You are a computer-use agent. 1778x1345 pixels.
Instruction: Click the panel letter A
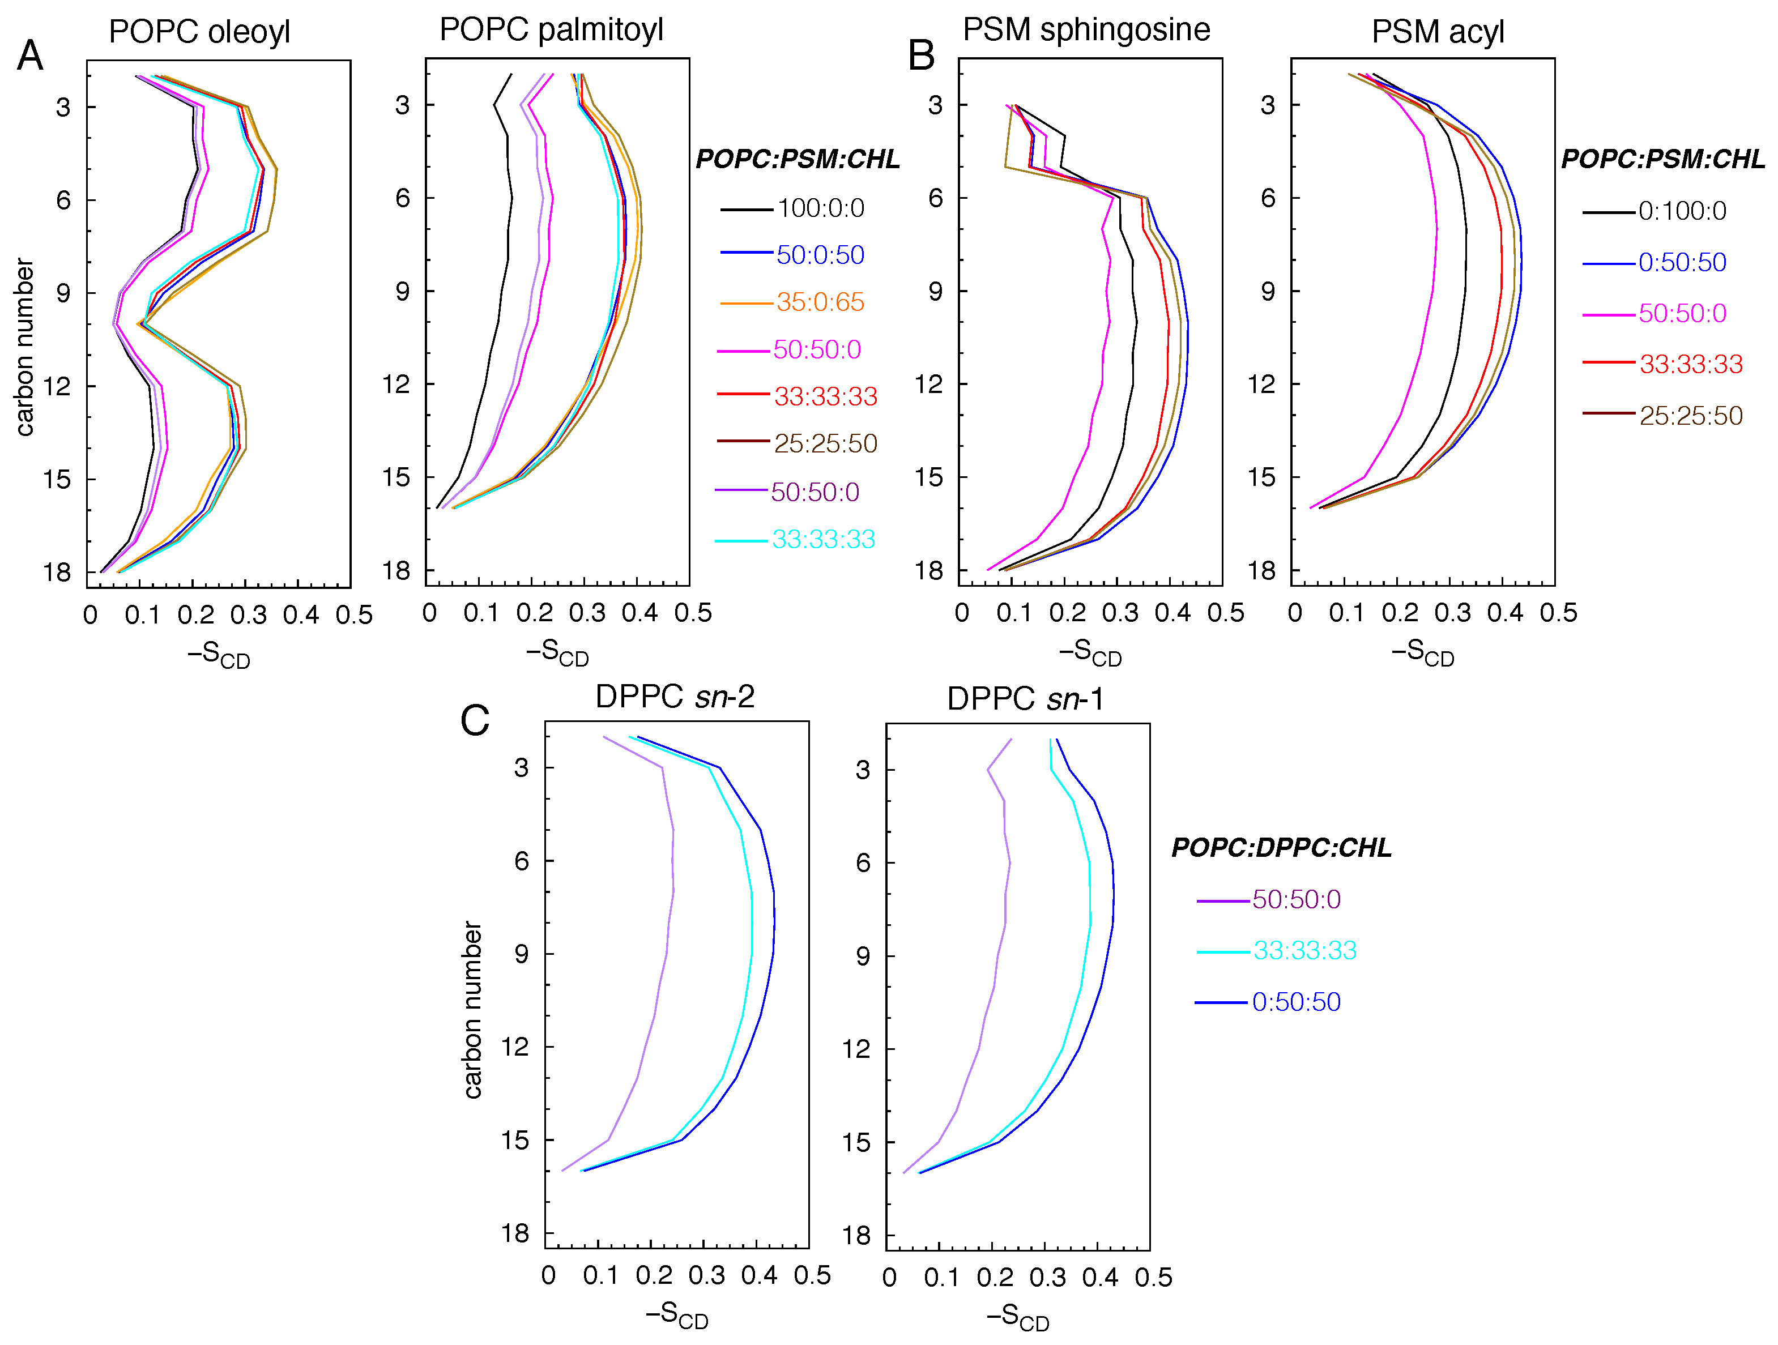pos(31,56)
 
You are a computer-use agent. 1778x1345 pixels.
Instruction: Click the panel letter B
pos(921,56)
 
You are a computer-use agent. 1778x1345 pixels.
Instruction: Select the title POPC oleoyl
pos(199,32)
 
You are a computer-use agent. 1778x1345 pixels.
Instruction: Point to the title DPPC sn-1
pos(1025,698)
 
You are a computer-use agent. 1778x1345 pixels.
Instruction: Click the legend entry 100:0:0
pos(820,209)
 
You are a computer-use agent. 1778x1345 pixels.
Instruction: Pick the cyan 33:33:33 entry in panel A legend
pos(822,539)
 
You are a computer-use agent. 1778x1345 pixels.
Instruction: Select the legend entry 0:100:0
pos(1682,211)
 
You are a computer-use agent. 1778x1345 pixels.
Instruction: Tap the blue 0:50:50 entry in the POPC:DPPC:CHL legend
pos(1296,1002)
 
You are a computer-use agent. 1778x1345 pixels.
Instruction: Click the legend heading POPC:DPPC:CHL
pos(1281,848)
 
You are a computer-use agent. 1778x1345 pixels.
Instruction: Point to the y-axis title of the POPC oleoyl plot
pos(25,347)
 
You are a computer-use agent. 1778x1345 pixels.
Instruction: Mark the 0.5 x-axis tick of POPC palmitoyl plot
pos(693,613)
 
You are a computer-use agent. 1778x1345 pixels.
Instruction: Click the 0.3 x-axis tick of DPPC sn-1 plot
pos(1047,1278)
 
